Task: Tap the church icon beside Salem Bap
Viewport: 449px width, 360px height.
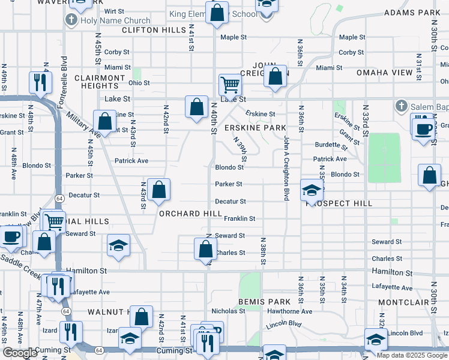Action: (402, 106)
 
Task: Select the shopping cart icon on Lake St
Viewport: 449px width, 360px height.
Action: (230, 85)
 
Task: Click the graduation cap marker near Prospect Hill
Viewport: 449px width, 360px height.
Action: (311, 191)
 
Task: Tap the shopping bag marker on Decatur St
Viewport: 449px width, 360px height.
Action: (158, 190)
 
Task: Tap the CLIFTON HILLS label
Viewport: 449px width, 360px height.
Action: (153, 29)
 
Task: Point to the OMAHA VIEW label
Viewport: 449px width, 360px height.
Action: (385, 72)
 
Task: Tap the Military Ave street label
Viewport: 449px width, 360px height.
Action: (83, 125)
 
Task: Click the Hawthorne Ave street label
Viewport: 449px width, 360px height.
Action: (291, 311)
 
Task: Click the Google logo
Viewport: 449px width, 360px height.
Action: (20, 353)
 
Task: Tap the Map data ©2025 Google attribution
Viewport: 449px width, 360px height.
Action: (412, 355)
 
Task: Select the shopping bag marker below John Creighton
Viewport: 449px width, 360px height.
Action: (275, 77)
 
